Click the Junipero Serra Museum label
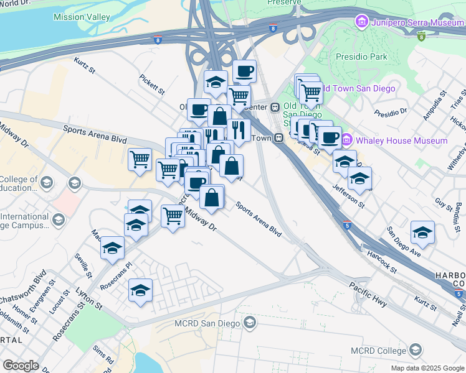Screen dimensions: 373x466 coord(416,23)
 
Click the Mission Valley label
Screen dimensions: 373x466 coord(82,17)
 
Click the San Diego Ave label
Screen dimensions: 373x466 coord(404,242)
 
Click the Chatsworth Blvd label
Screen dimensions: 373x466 coord(26,288)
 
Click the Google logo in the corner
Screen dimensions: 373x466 coord(21,366)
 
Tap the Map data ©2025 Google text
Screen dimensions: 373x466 coord(427,368)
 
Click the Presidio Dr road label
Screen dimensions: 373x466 coord(391,113)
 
